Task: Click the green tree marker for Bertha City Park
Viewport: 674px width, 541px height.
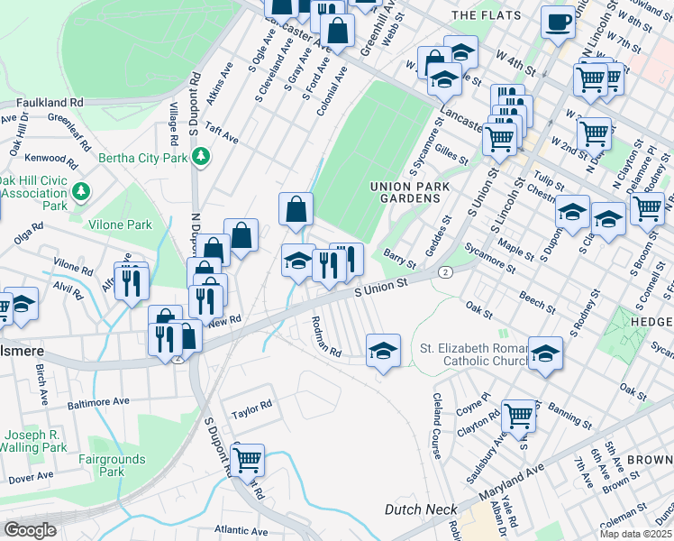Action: (x=201, y=158)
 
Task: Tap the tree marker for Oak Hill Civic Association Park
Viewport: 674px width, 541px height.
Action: (x=81, y=191)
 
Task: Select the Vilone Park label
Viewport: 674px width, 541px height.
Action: (x=119, y=225)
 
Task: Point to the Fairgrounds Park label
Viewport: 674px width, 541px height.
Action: (x=110, y=465)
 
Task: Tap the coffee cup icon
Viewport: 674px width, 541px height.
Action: (x=558, y=21)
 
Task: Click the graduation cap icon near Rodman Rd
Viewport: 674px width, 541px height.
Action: (x=383, y=349)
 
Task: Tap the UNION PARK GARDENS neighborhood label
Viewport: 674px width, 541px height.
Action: (x=409, y=192)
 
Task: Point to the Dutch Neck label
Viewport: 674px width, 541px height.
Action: (x=421, y=509)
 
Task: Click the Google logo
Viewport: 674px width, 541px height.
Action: (x=30, y=530)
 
